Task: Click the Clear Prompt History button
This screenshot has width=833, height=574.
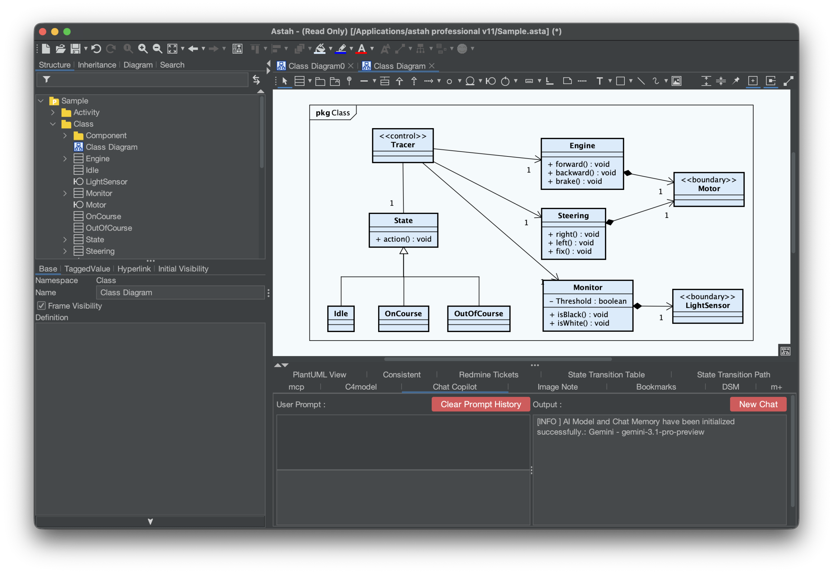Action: click(480, 404)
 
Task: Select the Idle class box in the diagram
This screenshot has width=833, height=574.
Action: click(341, 318)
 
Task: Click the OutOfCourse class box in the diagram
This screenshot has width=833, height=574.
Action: click(479, 318)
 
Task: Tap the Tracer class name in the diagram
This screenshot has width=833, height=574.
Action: click(403, 145)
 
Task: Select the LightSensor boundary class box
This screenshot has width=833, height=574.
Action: click(707, 306)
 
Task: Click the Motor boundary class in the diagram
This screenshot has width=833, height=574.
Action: click(709, 189)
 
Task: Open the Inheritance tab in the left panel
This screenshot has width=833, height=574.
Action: click(97, 65)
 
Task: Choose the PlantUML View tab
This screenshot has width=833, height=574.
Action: click(319, 374)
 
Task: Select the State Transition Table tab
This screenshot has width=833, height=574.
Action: click(606, 374)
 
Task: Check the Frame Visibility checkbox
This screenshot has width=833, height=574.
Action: click(41, 306)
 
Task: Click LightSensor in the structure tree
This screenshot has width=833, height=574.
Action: click(106, 181)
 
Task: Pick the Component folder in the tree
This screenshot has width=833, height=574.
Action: click(106, 136)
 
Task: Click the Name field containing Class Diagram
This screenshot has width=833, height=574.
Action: click(180, 292)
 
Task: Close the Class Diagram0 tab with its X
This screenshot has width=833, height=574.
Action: click(350, 66)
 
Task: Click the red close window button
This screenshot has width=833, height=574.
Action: click(42, 32)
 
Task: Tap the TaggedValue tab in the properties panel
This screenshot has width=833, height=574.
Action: click(87, 269)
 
